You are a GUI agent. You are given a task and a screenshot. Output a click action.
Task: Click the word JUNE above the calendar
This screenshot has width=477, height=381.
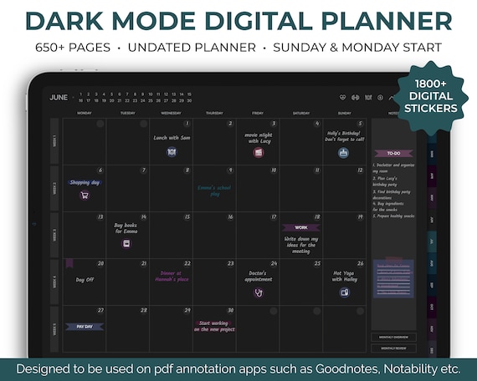[59, 98]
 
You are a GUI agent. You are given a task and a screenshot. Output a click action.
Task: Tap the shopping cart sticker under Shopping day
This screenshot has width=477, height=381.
[85, 196]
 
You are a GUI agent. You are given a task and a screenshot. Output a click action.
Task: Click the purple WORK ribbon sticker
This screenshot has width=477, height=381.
[300, 227]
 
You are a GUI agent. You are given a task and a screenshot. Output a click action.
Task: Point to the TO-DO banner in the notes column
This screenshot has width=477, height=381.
[393, 154]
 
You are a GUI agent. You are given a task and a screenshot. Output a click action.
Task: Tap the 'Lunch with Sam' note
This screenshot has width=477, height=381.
[172, 138]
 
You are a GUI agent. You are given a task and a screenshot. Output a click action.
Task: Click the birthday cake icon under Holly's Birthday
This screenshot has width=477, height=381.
[343, 153]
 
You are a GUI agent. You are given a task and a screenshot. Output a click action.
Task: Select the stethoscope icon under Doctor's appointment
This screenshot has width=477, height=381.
[259, 292]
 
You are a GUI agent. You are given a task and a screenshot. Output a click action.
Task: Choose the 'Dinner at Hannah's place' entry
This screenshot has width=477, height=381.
[171, 276]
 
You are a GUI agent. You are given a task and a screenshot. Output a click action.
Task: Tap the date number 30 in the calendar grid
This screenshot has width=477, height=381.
[230, 310]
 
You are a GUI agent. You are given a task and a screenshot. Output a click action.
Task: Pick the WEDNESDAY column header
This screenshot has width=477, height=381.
[171, 112]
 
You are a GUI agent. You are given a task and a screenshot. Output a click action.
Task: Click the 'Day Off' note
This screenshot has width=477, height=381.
[85, 280]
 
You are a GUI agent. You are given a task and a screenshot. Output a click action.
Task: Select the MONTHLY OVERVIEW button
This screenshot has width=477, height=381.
[392, 338]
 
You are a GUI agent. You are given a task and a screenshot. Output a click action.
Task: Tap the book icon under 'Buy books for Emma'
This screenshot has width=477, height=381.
[126, 244]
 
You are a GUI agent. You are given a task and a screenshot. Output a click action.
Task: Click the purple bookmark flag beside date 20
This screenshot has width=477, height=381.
[69, 264]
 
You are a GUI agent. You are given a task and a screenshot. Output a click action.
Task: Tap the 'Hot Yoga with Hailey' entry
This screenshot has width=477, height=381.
[344, 276]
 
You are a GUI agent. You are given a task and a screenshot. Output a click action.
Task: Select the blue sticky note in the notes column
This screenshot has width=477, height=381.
[393, 276]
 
